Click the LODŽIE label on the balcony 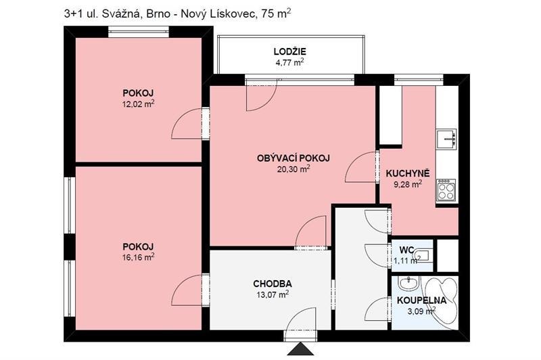[289, 51]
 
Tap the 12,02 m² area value [138, 104]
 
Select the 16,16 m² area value [138, 257]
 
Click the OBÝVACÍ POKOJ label [293, 158]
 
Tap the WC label [406, 250]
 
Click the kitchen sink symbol [446, 139]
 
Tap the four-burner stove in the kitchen [446, 189]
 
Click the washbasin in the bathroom [407, 282]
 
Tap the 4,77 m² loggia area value [289, 62]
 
